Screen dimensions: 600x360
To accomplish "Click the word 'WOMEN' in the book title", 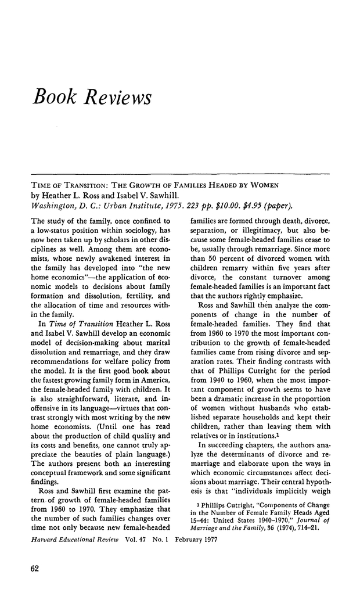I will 264,185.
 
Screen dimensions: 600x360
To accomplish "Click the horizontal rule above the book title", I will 180,174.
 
